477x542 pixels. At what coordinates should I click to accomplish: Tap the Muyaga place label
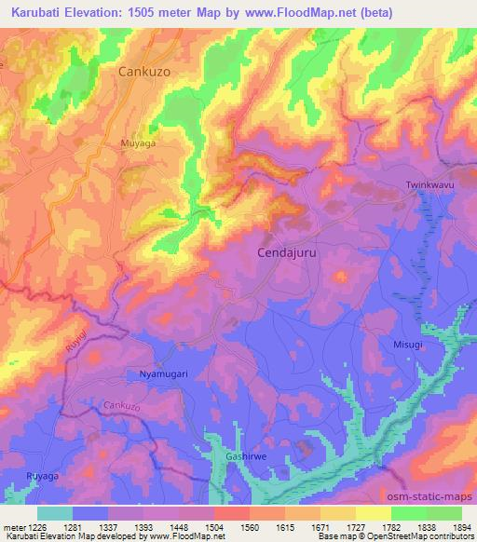(x=137, y=143)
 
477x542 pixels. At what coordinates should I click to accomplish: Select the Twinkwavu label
(x=429, y=185)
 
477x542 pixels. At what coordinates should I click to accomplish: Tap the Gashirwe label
(x=246, y=456)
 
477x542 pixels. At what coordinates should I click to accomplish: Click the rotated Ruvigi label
(x=76, y=341)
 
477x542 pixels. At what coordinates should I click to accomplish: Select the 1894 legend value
(x=461, y=527)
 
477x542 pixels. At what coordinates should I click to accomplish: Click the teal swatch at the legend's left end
(x=55, y=513)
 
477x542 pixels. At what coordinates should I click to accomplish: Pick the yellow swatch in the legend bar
(x=373, y=513)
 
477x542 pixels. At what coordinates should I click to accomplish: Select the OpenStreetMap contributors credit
(x=423, y=537)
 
